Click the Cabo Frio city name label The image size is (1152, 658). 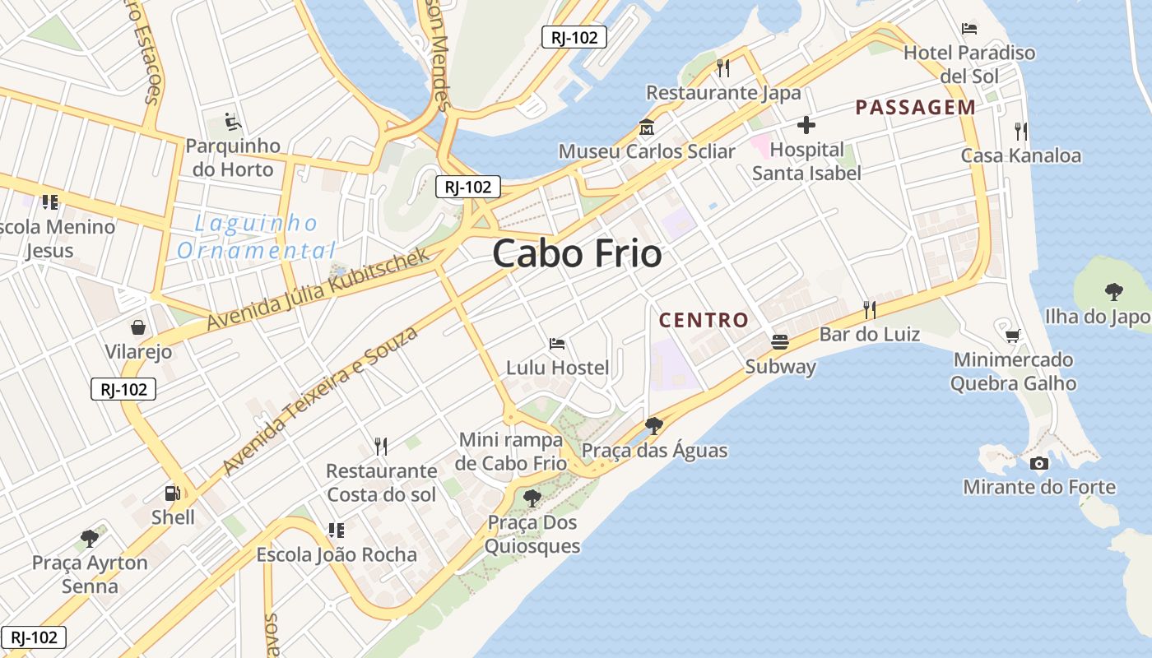coord(577,253)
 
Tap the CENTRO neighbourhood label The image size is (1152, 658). coord(704,320)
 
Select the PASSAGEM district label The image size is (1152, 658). coord(915,107)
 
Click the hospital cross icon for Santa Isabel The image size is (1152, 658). coord(806,125)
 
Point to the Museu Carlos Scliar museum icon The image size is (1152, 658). coord(646,128)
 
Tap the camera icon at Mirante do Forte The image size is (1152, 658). coord(1039,463)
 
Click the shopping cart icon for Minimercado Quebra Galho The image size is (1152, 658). coord(1013,336)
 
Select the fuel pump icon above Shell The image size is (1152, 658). coord(173,493)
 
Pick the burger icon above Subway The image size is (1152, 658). coord(779,342)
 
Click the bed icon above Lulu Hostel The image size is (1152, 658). coord(557,343)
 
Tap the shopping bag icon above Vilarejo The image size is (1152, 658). coord(138,327)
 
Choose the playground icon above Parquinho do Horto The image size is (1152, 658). coord(233,123)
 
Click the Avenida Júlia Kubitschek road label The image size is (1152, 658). coord(318,289)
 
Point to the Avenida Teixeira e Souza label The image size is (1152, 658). coord(320,400)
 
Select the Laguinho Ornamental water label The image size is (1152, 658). coord(257,236)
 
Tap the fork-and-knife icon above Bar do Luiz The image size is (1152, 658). coord(869,309)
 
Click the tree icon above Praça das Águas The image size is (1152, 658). coord(654,425)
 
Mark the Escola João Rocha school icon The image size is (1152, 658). coord(336,531)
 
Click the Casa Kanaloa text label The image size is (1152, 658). coord(1021,155)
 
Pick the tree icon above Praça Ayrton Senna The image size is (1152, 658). coord(90,539)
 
